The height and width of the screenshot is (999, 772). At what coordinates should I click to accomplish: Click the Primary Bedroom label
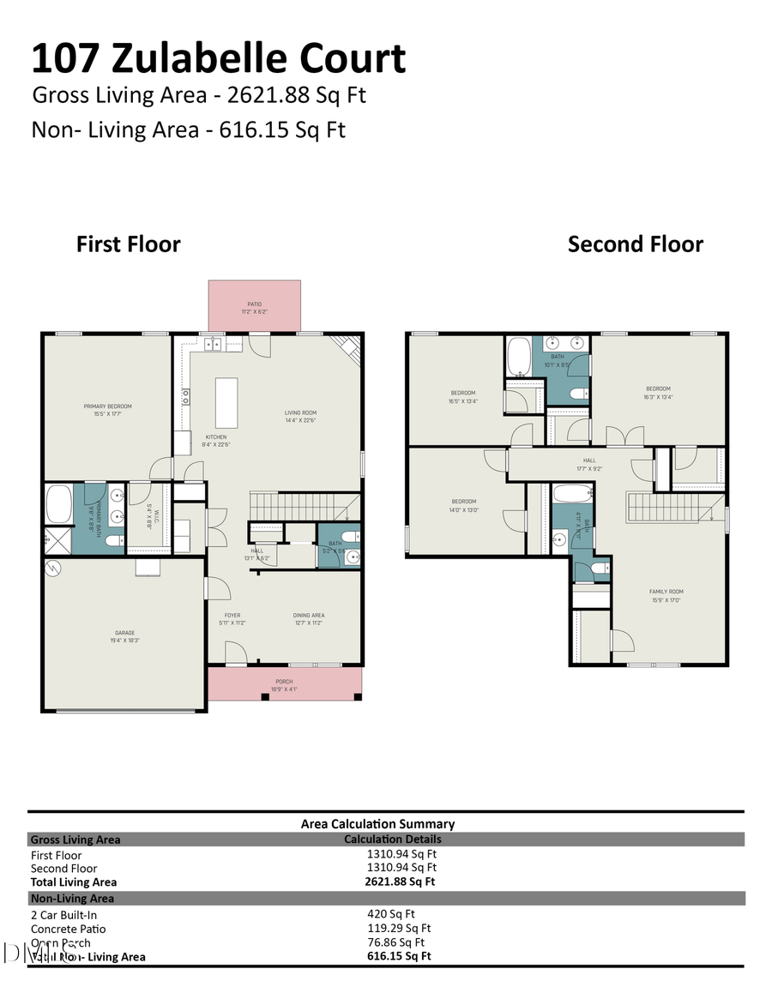107,410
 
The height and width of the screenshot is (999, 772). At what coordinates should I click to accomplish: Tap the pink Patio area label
254,307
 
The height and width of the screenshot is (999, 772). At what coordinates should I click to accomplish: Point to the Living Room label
301,416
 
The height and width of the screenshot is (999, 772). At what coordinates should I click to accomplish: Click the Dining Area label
309,619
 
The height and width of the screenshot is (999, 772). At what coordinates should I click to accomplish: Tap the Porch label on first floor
283,685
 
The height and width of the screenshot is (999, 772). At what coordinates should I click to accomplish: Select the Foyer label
232,619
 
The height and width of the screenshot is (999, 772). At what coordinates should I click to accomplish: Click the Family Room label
666,595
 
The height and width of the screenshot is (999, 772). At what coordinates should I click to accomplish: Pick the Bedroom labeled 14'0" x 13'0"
463,505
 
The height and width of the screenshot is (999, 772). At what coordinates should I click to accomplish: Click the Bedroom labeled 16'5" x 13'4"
461,397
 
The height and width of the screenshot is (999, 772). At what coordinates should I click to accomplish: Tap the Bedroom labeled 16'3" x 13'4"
658,392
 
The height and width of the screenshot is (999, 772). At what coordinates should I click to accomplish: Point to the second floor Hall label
589,464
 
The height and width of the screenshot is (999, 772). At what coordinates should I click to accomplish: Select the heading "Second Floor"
635,244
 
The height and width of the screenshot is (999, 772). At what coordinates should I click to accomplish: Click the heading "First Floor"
129,244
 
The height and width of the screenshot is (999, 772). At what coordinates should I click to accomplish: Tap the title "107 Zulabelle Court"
219,58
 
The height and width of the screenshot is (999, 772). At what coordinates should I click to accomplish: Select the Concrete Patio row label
69,929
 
